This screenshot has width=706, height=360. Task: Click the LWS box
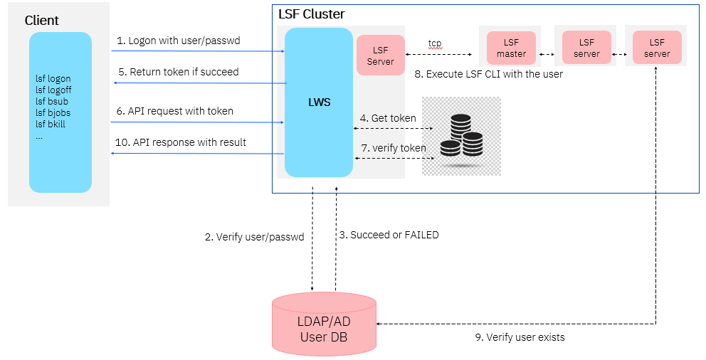point(319,102)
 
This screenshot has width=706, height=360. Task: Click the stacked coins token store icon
point(461,136)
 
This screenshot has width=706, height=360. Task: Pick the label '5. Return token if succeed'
point(178,72)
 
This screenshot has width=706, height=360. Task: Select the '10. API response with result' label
point(181,142)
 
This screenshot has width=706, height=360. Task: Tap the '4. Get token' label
point(388,118)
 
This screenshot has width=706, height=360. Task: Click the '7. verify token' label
point(393,148)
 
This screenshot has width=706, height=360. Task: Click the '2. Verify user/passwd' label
point(254,238)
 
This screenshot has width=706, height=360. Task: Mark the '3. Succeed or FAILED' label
point(389,235)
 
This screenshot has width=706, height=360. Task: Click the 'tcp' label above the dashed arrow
point(435,43)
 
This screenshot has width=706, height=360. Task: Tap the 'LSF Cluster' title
point(311,14)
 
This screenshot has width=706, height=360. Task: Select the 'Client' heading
point(42,21)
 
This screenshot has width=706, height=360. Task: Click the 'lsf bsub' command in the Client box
point(52,102)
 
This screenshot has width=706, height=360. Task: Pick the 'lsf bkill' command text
point(52,125)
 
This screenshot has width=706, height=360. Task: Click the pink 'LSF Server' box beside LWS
point(380,55)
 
